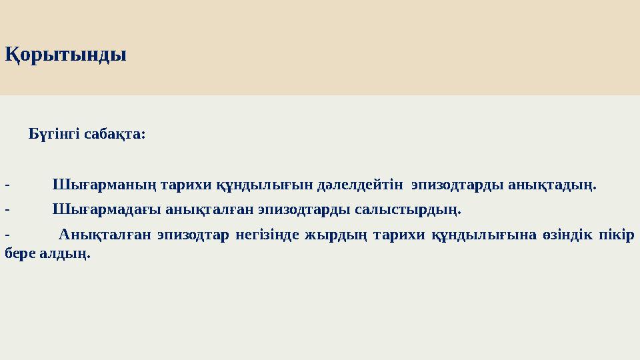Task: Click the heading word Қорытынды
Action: (x=65, y=55)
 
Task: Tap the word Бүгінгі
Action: (x=54, y=134)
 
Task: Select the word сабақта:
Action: (x=115, y=134)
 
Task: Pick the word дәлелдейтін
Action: (x=360, y=185)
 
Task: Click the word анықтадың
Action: (x=552, y=185)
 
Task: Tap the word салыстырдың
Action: (x=408, y=210)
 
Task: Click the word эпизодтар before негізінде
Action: (x=193, y=235)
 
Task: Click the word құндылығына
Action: (x=484, y=235)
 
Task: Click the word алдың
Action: (x=65, y=254)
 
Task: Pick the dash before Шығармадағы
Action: (x=7, y=211)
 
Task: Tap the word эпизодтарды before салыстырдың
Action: (x=304, y=210)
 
